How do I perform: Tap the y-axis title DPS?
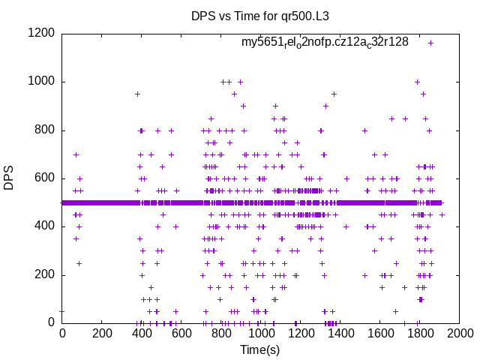click(x=9, y=178)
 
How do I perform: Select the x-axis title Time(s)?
click(x=259, y=349)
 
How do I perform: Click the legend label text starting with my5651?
click(x=325, y=42)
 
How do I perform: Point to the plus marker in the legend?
click(x=430, y=43)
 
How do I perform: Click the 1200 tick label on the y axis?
click(x=41, y=33)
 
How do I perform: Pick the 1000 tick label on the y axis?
click(x=41, y=82)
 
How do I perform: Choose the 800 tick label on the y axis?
click(x=44, y=130)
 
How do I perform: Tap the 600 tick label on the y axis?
click(x=44, y=178)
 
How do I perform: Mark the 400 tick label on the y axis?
click(x=44, y=226)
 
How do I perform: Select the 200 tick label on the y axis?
click(x=44, y=274)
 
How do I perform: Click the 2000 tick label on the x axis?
click(x=459, y=334)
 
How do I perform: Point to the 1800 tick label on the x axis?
click(x=419, y=334)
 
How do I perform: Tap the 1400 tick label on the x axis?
click(x=340, y=334)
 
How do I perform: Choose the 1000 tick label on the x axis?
click(x=260, y=334)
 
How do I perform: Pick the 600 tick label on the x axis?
click(x=181, y=334)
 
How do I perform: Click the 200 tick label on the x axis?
click(x=101, y=334)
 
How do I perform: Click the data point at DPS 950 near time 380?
click(x=137, y=94)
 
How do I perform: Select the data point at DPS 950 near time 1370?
click(x=334, y=94)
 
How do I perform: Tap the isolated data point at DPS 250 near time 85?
click(x=79, y=262)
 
